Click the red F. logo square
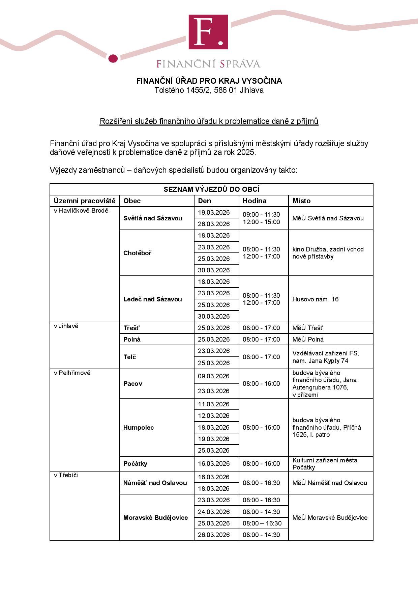click(208, 32)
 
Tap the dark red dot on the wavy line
click(113, 58)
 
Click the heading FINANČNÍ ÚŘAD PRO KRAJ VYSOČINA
click(209, 81)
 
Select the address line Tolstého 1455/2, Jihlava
click(209, 90)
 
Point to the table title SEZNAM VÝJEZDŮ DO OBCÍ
click(211, 189)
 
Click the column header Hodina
click(255, 201)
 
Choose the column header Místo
click(301, 201)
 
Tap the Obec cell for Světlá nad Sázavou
click(153, 218)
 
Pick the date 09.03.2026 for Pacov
click(214, 376)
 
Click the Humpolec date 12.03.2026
click(214, 415)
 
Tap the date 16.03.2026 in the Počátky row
click(214, 463)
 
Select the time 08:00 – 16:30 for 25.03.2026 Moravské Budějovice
click(262, 523)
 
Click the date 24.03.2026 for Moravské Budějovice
click(214, 512)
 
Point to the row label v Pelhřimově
click(72, 373)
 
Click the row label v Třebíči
click(66, 475)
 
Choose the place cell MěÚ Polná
click(308, 339)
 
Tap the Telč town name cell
click(130, 357)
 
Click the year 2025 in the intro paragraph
click(246, 152)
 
